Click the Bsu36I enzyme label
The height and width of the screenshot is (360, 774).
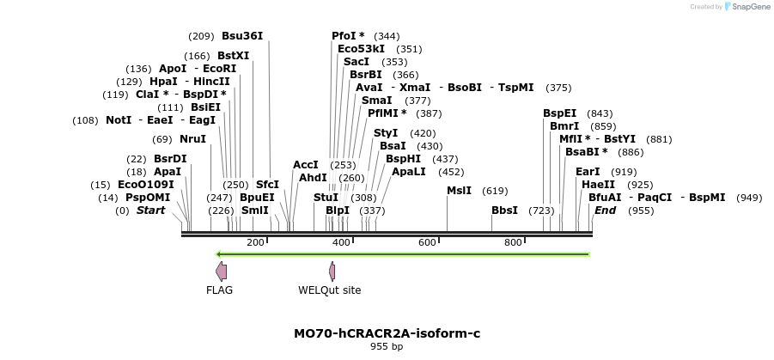tap(242, 36)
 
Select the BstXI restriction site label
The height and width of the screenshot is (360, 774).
tap(233, 56)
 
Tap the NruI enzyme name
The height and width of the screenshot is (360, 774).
tap(192, 139)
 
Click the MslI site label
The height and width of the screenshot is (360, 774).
tap(459, 191)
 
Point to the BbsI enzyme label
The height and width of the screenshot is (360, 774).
tap(504, 211)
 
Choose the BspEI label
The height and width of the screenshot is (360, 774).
tap(559, 113)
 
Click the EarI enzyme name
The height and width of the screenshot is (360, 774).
tap(588, 172)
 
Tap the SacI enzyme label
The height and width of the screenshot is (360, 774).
tap(357, 62)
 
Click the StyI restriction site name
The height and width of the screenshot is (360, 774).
tap(386, 133)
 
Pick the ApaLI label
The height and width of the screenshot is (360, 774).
tap(409, 172)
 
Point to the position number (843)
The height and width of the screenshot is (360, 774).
tap(600, 113)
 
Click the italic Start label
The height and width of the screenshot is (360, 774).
tap(150, 211)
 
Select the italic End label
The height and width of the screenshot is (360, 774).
tap(605, 211)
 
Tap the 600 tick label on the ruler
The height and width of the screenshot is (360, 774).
tap(427, 242)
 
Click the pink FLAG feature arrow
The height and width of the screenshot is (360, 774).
tap(221, 272)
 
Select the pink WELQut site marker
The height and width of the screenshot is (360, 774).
tap(332, 272)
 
